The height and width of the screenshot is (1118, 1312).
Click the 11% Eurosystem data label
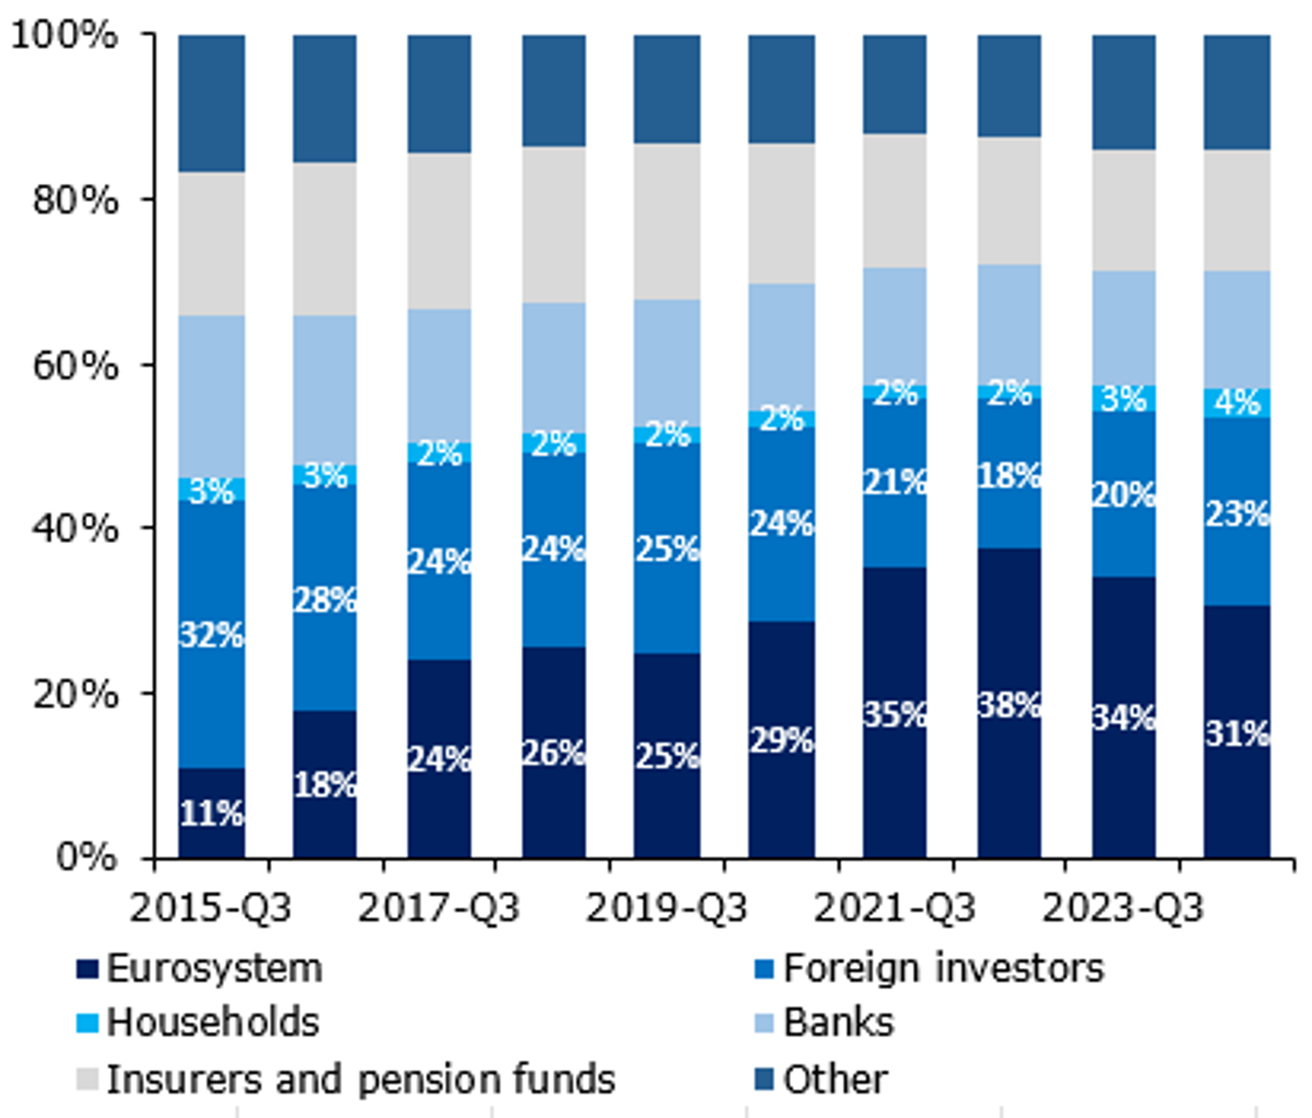click(x=212, y=814)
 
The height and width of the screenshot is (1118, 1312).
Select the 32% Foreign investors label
click(x=212, y=634)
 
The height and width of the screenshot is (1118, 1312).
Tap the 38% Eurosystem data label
click(x=1009, y=705)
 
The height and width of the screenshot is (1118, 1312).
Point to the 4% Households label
click(x=1237, y=402)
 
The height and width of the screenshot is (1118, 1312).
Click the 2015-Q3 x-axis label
click(x=211, y=908)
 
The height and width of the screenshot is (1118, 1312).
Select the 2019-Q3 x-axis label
click(x=667, y=908)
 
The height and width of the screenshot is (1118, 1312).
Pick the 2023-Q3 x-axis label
click(x=1123, y=908)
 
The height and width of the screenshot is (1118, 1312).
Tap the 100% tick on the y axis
click(x=64, y=35)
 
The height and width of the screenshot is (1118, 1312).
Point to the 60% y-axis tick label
click(x=74, y=365)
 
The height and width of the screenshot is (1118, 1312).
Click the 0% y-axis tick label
click(x=85, y=857)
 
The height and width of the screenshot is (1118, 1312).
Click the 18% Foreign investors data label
click(x=1009, y=475)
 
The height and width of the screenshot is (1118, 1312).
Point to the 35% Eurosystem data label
click(x=895, y=714)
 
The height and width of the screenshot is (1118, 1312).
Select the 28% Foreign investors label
click(x=326, y=600)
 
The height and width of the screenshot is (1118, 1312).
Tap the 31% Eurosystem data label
click(x=1237, y=732)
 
